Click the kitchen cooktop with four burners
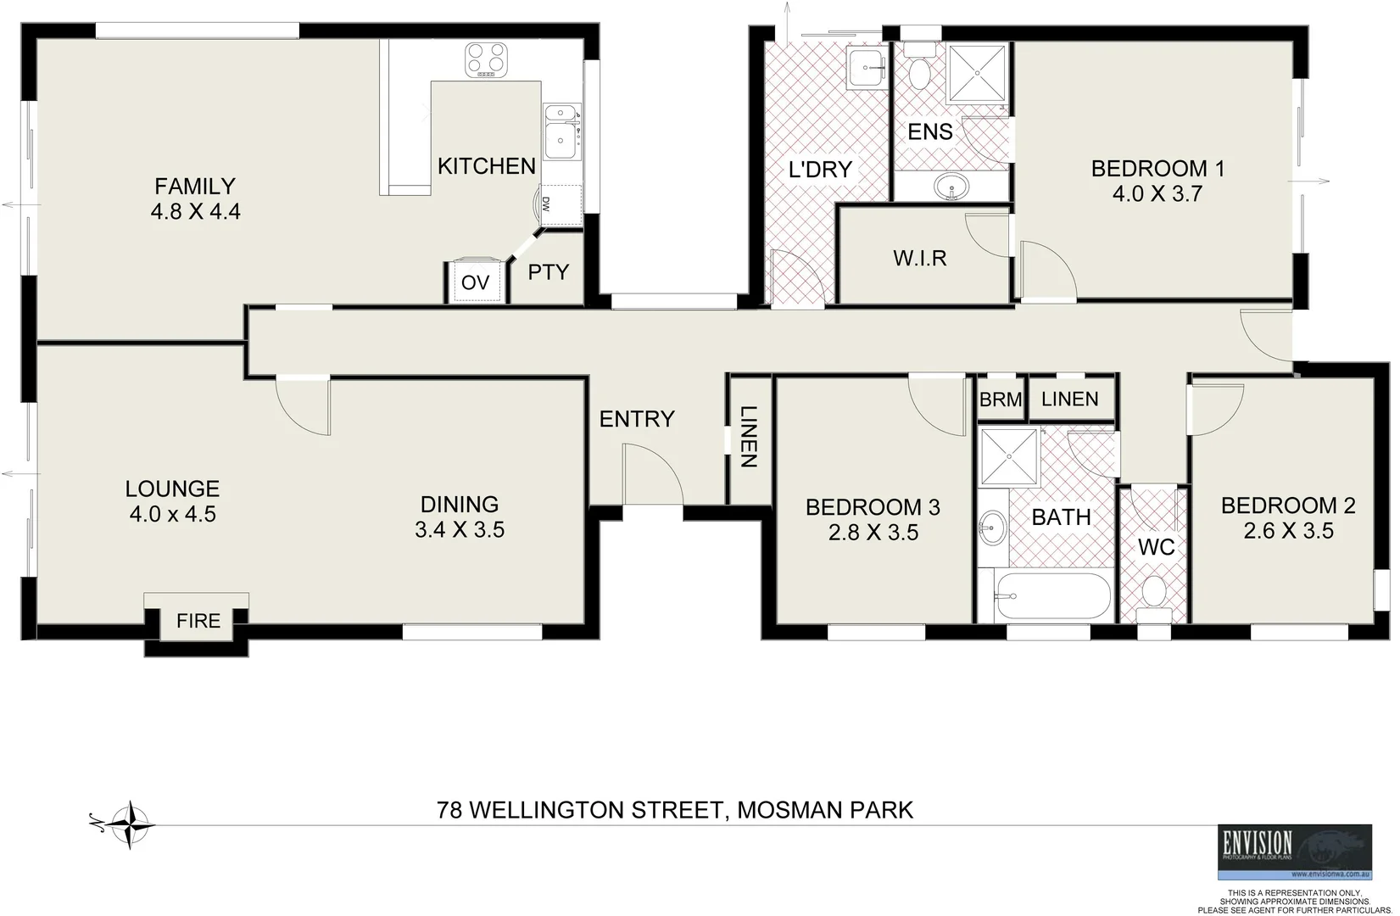click(x=486, y=60)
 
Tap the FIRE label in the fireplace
click(x=198, y=621)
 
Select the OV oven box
click(x=475, y=282)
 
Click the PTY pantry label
click(x=548, y=272)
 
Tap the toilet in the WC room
click(x=1153, y=591)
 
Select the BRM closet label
click(x=1001, y=399)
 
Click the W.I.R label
click(x=919, y=258)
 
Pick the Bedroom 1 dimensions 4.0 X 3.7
click(x=1157, y=194)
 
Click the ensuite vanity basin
click(x=952, y=186)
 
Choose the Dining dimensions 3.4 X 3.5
click(x=460, y=530)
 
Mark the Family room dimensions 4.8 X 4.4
click(x=195, y=211)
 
